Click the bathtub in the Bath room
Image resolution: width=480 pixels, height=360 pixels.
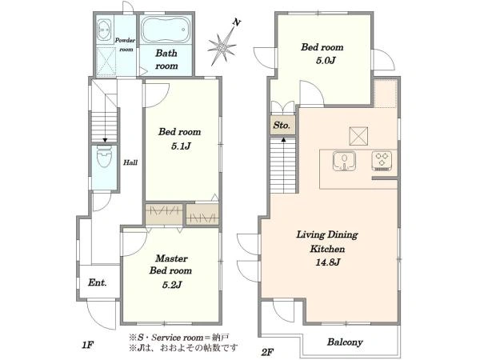[166, 30]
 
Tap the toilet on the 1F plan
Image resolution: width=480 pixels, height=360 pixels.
[104, 156]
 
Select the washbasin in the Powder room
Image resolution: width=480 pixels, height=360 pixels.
[105, 30]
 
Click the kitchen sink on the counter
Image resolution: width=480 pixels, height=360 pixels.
[344, 161]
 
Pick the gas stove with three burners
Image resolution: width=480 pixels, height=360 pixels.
[382, 161]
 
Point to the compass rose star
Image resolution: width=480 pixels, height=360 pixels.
[222, 47]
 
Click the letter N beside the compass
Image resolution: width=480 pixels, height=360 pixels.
[236, 22]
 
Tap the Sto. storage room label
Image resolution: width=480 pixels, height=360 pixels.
[282, 126]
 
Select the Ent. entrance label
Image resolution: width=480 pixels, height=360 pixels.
[98, 282]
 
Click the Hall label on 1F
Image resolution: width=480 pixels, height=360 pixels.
[130, 162]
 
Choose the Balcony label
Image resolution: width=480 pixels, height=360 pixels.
[345, 342]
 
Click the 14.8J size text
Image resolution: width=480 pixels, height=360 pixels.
[327, 262]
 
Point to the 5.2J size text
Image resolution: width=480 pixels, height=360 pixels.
[172, 285]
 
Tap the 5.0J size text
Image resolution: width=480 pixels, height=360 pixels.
[326, 60]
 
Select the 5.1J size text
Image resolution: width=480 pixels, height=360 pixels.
[181, 146]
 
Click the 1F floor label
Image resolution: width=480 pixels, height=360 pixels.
[87, 346]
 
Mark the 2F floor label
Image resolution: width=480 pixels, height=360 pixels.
[267, 352]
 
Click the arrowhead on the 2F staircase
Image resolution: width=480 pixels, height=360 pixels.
[283, 140]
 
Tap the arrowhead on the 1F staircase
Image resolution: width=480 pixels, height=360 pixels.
[105, 140]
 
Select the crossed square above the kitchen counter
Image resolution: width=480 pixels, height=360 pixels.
[358, 136]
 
